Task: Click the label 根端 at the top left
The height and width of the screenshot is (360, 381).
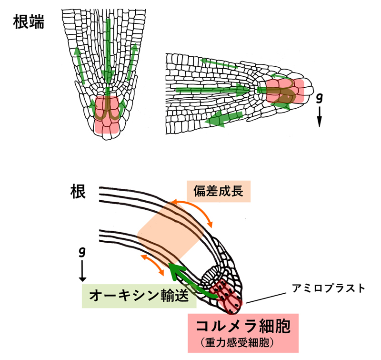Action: (29, 22)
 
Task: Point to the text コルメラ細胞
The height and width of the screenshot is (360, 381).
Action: (243, 327)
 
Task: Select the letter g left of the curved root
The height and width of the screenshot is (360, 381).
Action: (82, 251)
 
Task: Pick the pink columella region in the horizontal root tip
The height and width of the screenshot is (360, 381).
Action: (285, 91)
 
